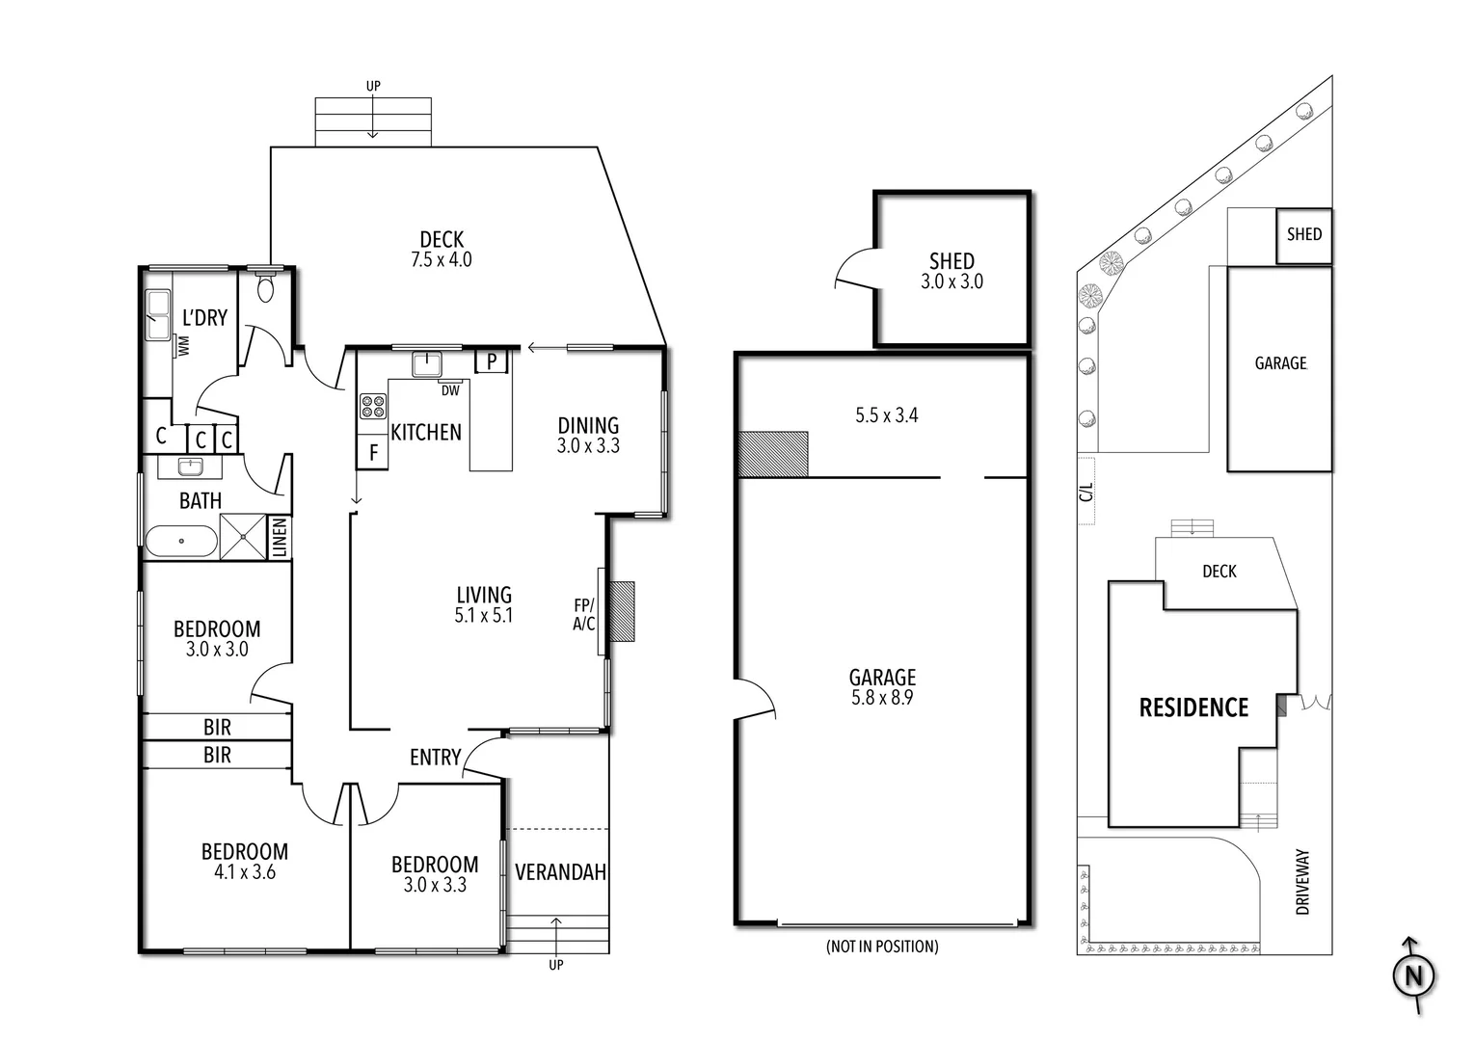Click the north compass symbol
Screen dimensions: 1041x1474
click(1413, 975)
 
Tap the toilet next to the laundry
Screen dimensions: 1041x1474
click(266, 289)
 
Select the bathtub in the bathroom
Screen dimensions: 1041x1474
click(181, 542)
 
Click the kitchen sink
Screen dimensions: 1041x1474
click(426, 364)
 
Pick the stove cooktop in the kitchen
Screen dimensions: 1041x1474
click(372, 407)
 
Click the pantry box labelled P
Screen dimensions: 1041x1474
click(492, 361)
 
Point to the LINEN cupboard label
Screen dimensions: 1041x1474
click(280, 538)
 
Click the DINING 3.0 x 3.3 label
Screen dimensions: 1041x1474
click(588, 435)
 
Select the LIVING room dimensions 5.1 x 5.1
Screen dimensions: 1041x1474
click(484, 616)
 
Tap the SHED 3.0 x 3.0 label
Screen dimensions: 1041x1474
click(951, 271)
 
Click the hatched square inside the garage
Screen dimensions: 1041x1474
click(772, 454)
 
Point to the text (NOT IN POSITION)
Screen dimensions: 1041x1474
click(882, 947)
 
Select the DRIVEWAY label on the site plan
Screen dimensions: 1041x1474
click(1303, 882)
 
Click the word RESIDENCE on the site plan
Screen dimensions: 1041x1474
click(1193, 708)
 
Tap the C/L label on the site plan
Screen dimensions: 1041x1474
click(1087, 492)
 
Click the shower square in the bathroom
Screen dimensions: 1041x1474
click(243, 537)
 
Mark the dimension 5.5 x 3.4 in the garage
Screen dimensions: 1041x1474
click(887, 415)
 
